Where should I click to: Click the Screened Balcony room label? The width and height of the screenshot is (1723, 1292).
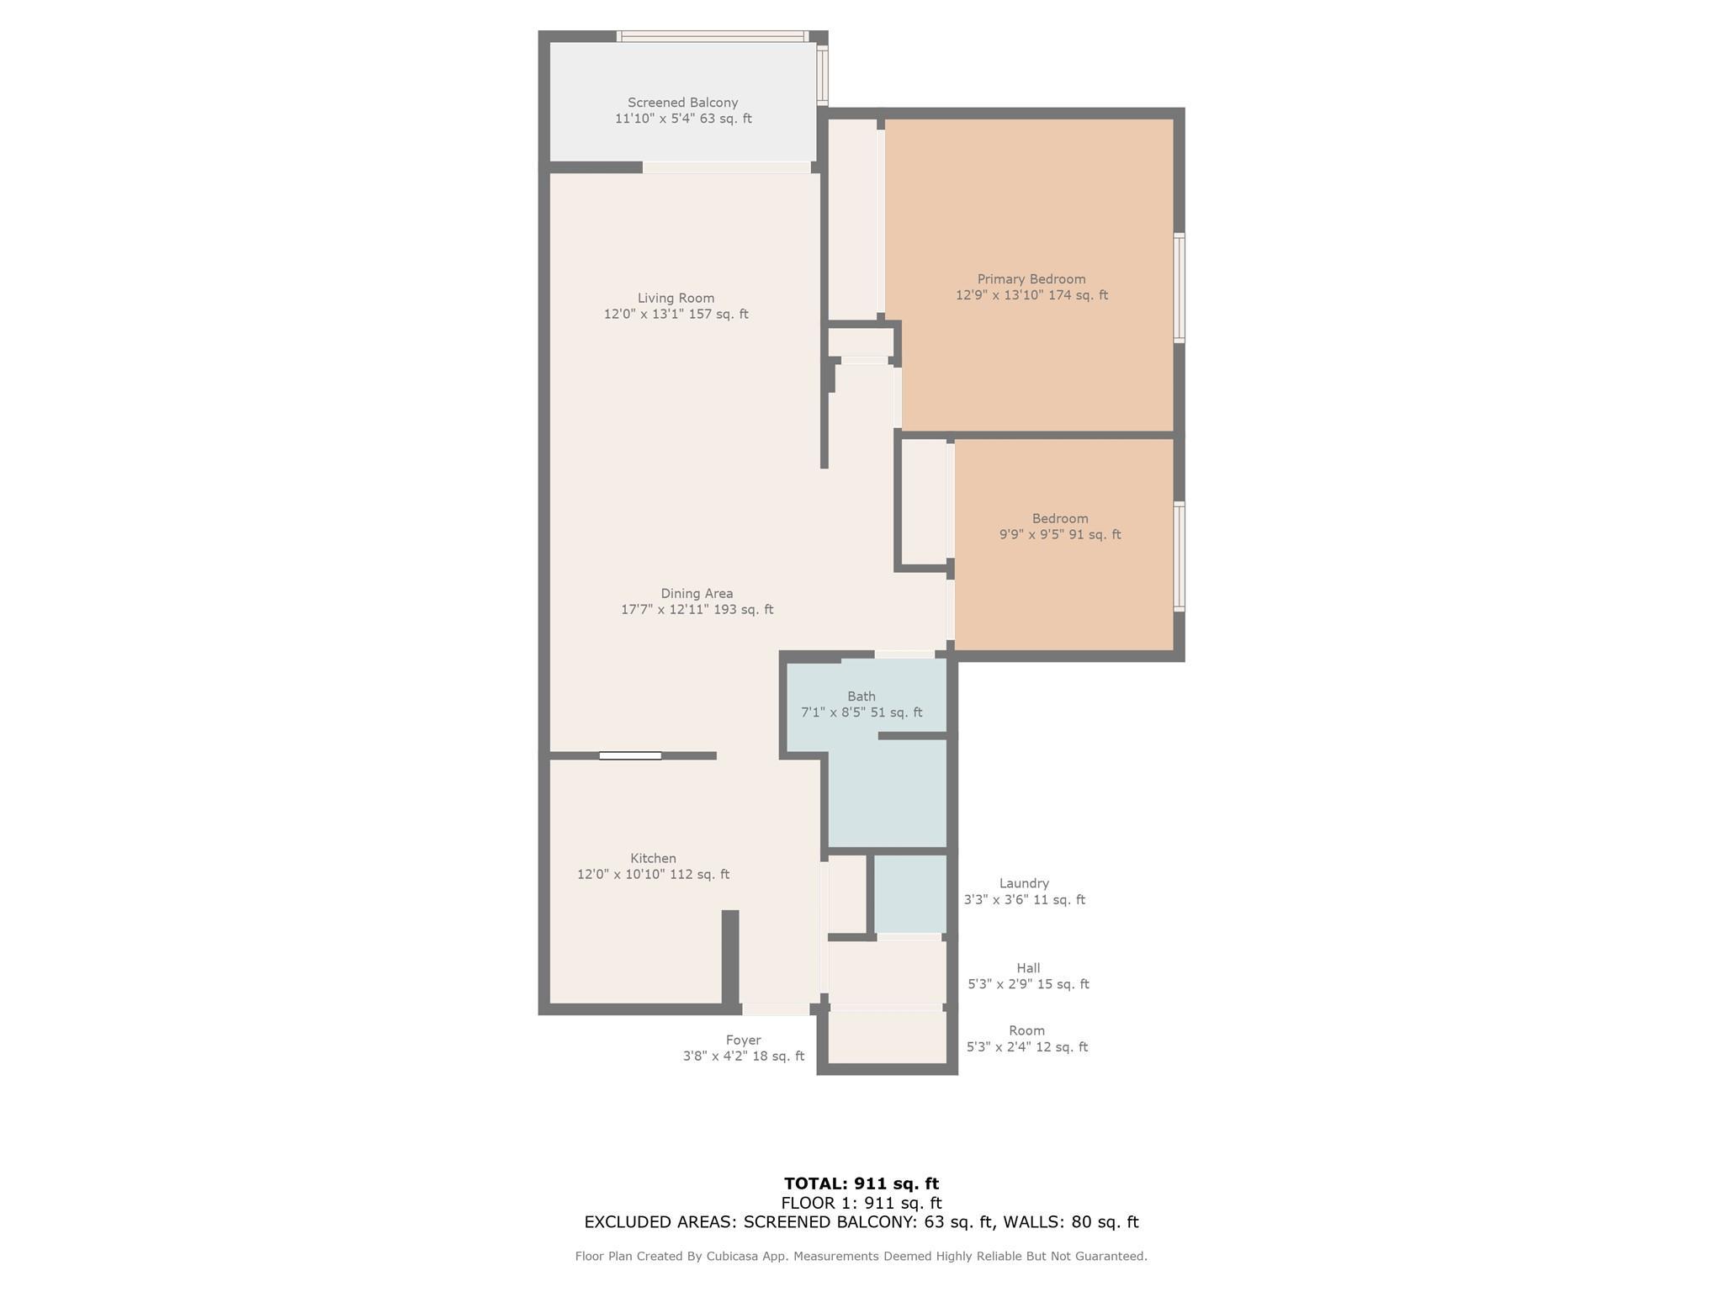[682, 103]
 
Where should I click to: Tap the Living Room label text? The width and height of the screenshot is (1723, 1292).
[676, 298]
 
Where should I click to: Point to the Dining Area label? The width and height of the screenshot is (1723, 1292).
[697, 594]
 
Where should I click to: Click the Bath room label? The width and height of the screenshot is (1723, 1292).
[861, 696]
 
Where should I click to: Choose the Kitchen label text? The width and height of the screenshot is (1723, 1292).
[653, 859]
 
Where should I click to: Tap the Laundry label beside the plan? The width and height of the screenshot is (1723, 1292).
[1024, 883]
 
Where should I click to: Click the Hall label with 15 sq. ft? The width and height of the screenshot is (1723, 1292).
[1028, 977]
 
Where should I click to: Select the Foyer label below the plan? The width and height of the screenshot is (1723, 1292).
[743, 1040]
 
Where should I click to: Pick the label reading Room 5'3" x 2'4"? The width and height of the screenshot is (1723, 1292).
[1027, 1039]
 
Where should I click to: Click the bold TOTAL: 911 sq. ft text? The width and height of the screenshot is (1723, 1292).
[861, 1183]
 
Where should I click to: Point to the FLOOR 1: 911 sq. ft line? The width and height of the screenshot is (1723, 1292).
[861, 1203]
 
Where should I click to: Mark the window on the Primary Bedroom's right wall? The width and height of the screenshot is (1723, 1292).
[1180, 288]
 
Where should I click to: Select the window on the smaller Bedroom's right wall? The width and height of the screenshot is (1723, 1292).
[1180, 557]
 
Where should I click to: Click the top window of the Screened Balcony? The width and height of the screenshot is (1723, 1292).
[713, 36]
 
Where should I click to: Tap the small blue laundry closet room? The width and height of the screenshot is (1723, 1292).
[910, 894]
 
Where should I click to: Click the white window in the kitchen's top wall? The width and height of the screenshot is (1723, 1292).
[630, 756]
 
